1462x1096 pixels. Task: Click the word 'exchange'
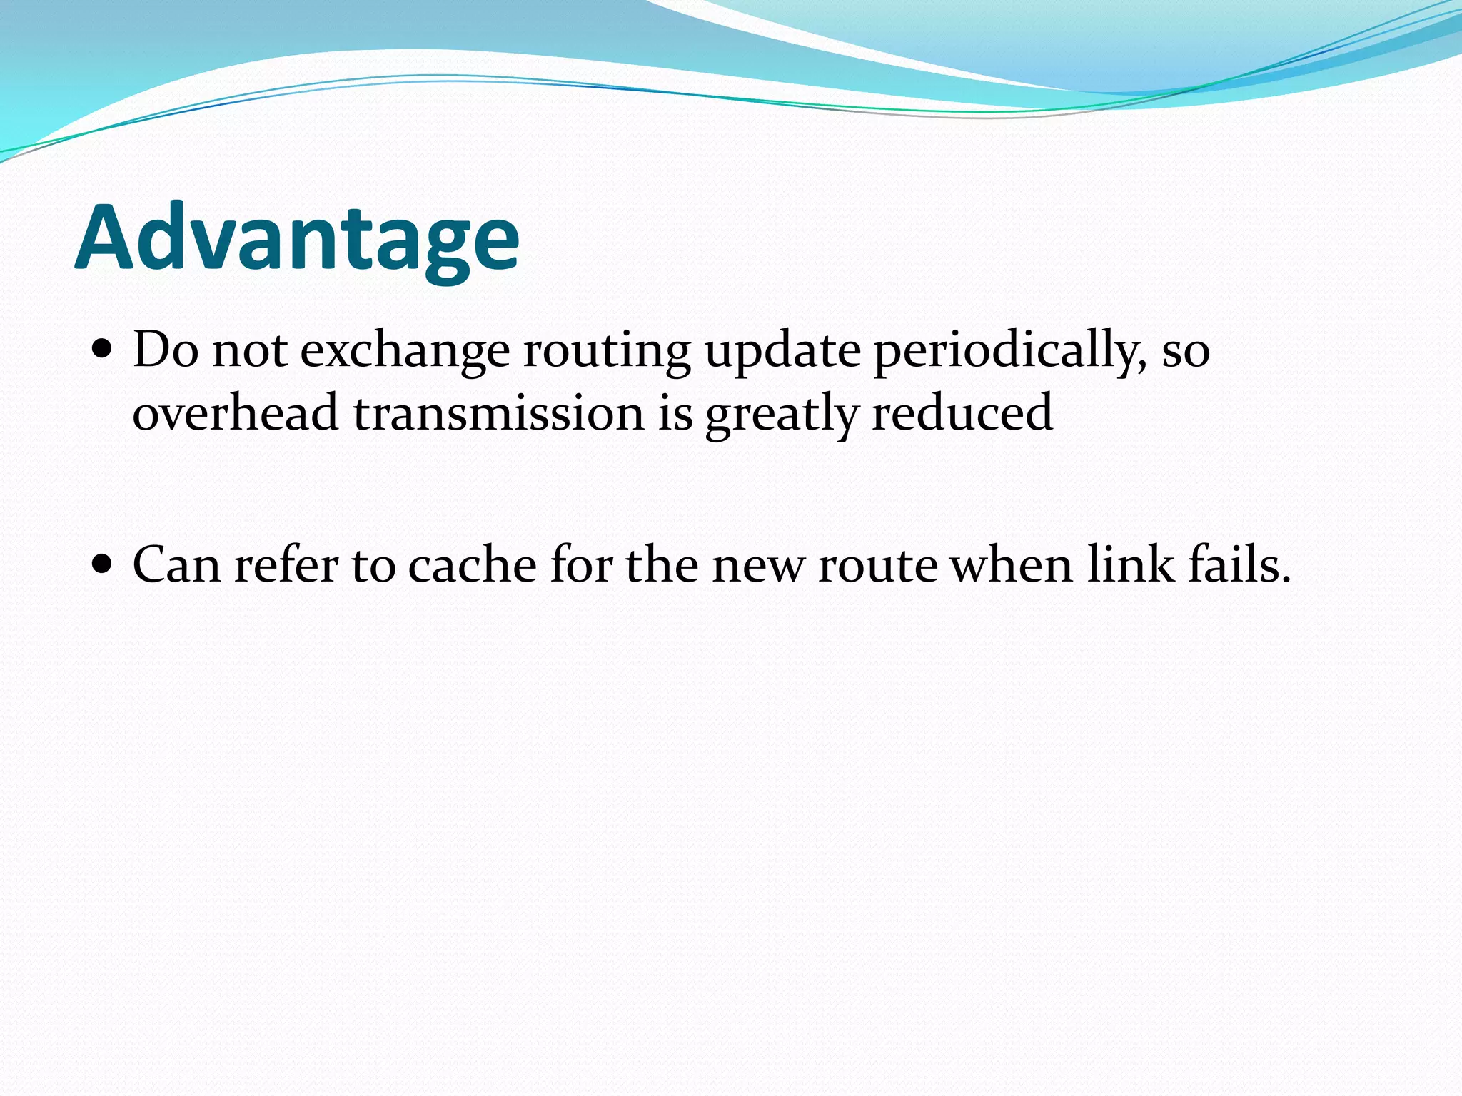point(405,351)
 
